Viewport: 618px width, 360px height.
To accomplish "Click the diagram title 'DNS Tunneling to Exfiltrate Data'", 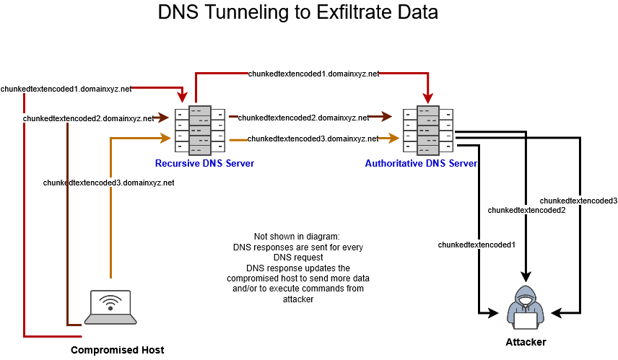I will (297, 13).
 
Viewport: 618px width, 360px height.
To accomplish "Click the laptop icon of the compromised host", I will (110, 307).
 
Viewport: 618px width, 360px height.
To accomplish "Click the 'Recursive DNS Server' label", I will (204, 164).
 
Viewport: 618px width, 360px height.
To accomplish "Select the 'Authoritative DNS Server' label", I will (421, 164).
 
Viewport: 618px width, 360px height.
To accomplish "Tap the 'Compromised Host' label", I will (117, 350).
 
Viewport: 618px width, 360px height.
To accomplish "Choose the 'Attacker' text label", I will (525, 342).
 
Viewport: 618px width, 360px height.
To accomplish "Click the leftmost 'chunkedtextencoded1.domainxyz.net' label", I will (66, 89).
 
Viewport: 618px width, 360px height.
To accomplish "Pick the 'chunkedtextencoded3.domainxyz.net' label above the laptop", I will (108, 183).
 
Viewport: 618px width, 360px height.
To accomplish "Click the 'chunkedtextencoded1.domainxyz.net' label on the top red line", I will (313, 74).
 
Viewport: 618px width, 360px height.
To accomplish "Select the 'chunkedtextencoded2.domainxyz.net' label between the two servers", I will (303, 117).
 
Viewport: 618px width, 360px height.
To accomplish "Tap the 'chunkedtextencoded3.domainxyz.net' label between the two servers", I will (313, 138).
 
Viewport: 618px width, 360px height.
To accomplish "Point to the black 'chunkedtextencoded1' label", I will (476, 245).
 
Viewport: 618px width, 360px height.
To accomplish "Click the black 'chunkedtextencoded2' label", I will (526, 210).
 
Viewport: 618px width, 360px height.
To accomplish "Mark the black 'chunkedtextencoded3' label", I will (578, 200).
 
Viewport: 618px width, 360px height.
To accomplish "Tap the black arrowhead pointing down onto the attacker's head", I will (526, 276).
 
